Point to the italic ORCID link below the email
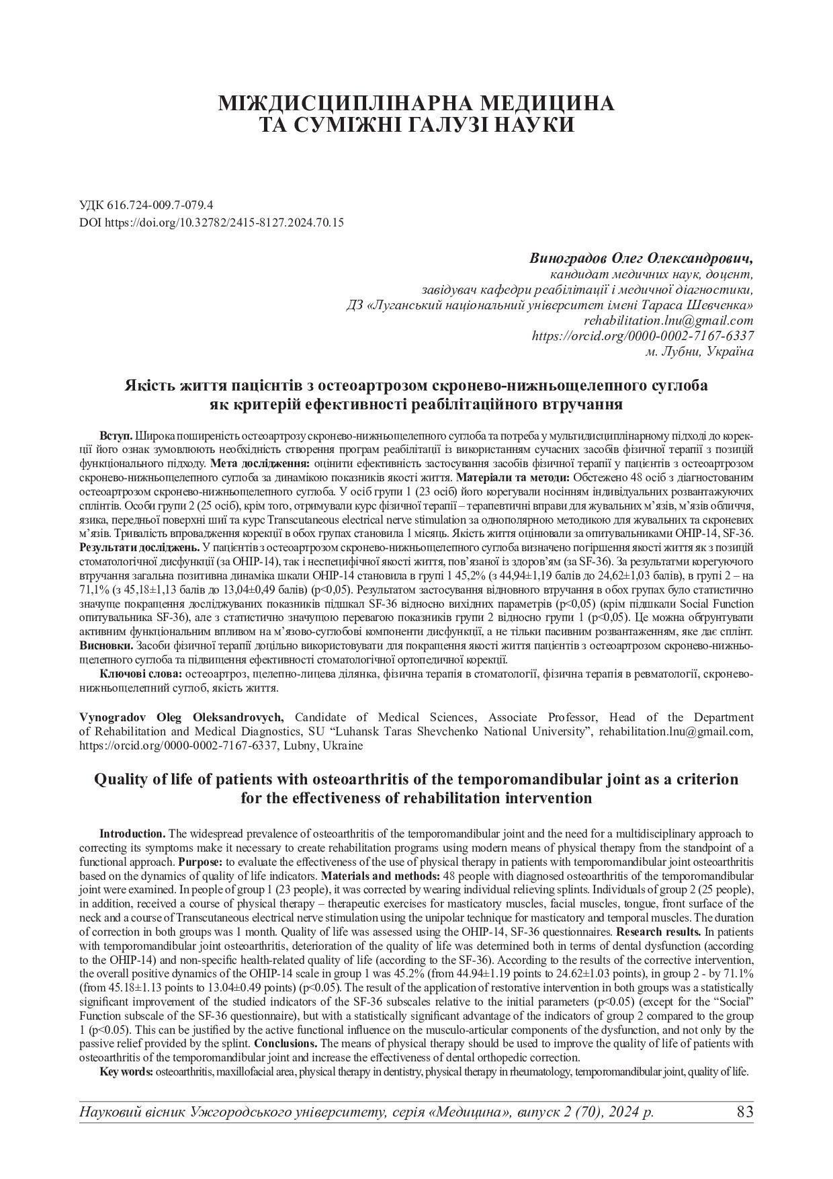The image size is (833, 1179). pos(642,336)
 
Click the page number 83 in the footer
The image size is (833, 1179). pos(745,1111)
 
